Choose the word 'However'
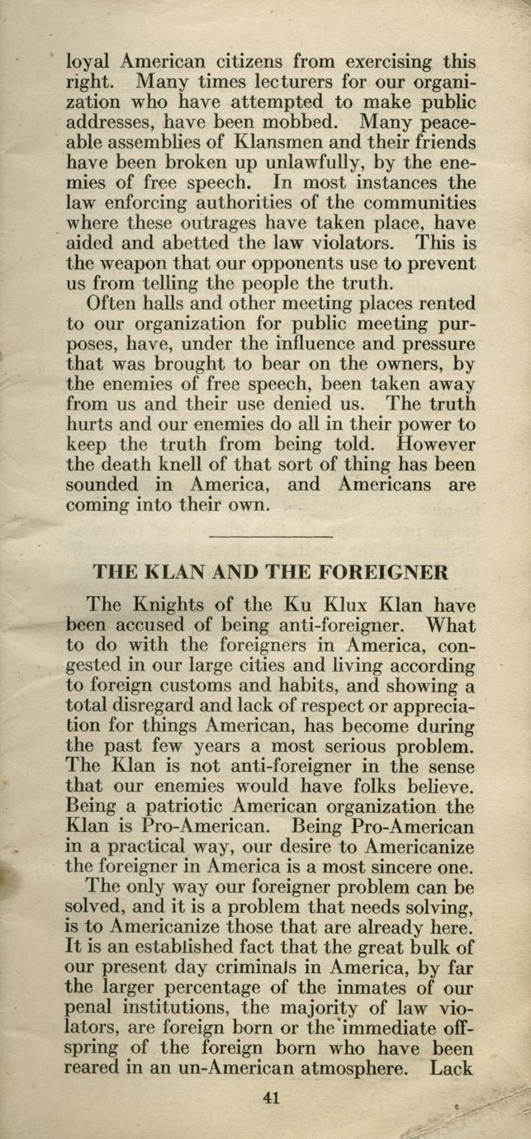pos(435,445)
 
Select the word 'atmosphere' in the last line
pos(355,1069)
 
